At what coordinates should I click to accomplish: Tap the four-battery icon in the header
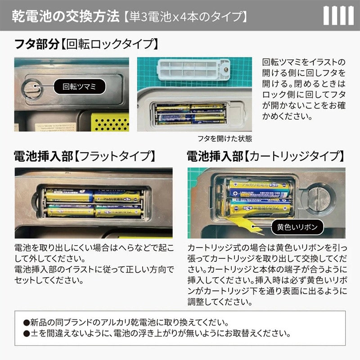coord(338,16)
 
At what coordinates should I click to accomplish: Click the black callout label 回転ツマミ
coord(80,86)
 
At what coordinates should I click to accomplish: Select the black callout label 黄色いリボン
coord(295,227)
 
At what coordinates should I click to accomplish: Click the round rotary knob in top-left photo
coord(31,87)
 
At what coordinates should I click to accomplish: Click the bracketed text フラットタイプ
coord(115,157)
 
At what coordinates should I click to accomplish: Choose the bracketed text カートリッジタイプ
coord(295,157)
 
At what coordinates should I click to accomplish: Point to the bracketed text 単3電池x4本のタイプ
coord(184,17)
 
